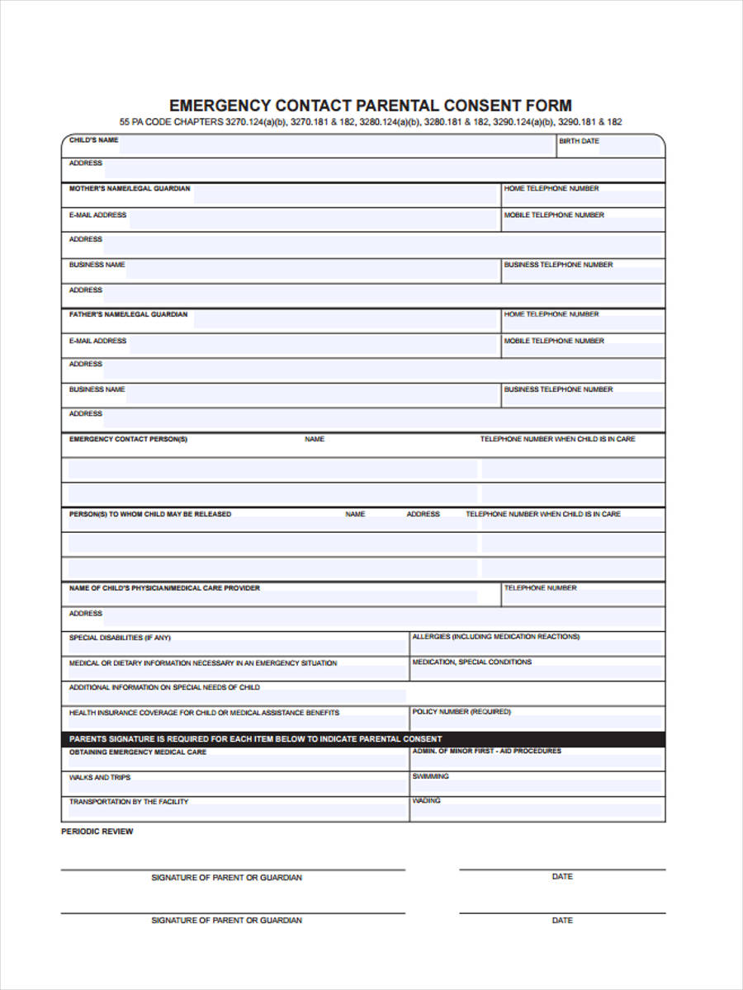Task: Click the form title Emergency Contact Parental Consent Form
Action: click(x=370, y=106)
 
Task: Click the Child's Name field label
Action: click(x=93, y=140)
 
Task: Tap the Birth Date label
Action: click(x=579, y=141)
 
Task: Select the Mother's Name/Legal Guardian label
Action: click(x=129, y=189)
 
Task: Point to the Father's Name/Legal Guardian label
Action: click(x=128, y=314)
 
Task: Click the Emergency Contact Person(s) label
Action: click(x=128, y=440)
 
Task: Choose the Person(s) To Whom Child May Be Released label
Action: click(x=149, y=514)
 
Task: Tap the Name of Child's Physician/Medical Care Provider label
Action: click(x=164, y=588)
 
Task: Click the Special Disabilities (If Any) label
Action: click(x=120, y=638)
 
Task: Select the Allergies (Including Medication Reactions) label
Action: click(x=495, y=637)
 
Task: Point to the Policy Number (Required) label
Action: click(x=461, y=711)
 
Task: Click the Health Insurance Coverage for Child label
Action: click(x=204, y=713)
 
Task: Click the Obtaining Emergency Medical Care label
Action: click(x=138, y=752)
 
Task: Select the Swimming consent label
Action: click(x=430, y=776)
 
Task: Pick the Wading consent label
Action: click(x=426, y=801)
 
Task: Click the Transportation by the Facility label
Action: click(x=128, y=802)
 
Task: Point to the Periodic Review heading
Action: click(x=97, y=832)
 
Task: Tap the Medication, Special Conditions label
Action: click(x=471, y=662)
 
